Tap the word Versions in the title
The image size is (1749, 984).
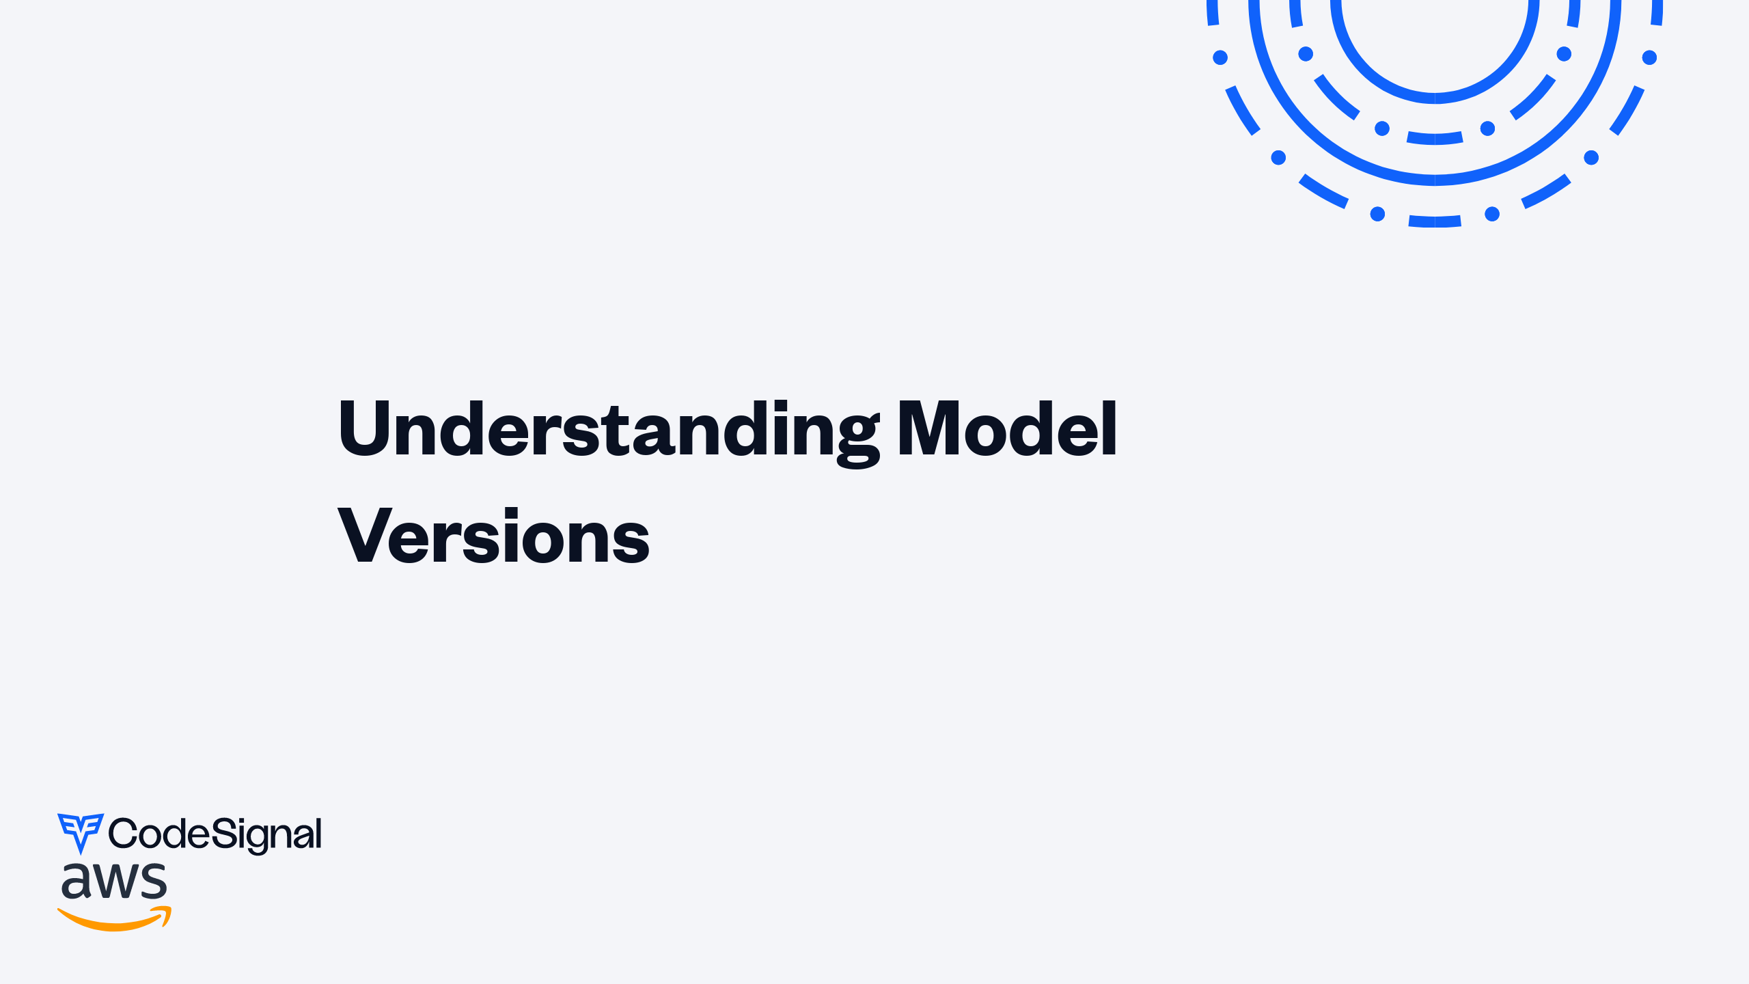(x=493, y=537)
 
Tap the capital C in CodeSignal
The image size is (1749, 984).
(x=123, y=834)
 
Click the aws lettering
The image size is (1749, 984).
(x=113, y=881)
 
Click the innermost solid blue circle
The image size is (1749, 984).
(x=1435, y=98)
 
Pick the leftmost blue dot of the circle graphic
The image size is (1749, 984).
(x=1220, y=57)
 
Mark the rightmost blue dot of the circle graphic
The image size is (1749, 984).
(x=1649, y=57)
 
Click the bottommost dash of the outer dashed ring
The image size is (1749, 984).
(x=1435, y=221)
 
